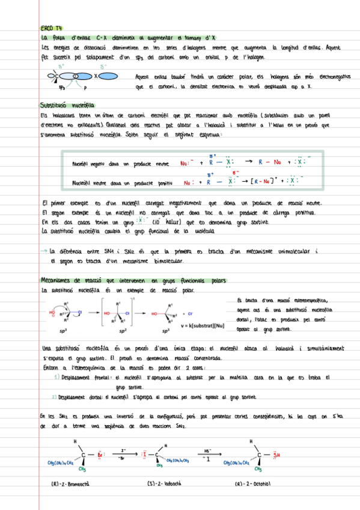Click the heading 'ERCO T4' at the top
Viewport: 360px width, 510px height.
(51, 28)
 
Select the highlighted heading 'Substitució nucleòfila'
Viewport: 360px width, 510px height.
(64, 103)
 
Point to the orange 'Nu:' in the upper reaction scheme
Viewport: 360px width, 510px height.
(184, 162)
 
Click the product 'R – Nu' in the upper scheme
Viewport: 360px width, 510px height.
(270, 162)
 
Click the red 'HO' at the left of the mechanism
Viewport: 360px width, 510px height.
(52, 312)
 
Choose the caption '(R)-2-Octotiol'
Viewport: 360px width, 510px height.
(254, 483)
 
